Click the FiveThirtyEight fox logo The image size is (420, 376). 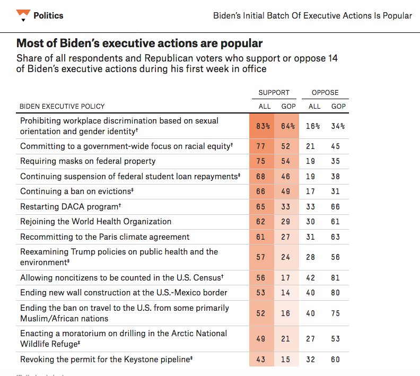click(x=22, y=15)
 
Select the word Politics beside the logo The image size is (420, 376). click(x=48, y=15)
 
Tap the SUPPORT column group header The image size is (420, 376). click(x=274, y=92)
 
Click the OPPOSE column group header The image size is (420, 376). click(x=325, y=92)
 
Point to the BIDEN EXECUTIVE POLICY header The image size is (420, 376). click(x=62, y=106)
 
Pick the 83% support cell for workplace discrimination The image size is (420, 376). click(x=262, y=126)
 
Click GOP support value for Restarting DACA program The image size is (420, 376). click(x=286, y=207)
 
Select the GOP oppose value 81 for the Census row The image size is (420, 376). click(x=336, y=277)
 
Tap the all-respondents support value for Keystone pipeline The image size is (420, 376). click(x=260, y=360)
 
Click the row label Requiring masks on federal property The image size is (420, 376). click(x=87, y=161)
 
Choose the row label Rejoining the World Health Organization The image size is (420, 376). click(x=95, y=222)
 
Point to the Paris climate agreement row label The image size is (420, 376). click(x=104, y=237)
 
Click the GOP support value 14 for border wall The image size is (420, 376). click(x=286, y=293)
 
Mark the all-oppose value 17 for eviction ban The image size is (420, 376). click(x=311, y=191)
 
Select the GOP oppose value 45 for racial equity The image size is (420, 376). click(x=336, y=146)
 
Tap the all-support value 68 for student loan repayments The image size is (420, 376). click(x=260, y=177)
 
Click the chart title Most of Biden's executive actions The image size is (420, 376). click(x=139, y=43)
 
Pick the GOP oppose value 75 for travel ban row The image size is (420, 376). click(x=336, y=313)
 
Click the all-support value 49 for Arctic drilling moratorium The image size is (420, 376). click(x=260, y=339)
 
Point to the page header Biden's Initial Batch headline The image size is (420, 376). click(x=312, y=15)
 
